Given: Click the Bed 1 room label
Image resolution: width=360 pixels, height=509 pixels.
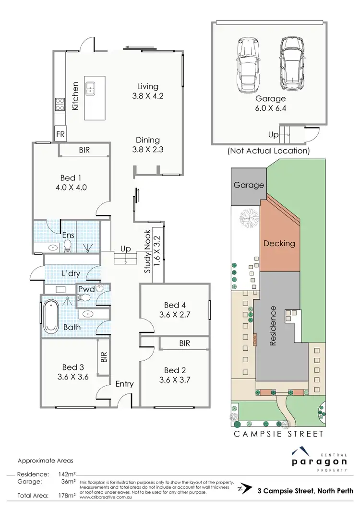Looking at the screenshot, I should (72, 178).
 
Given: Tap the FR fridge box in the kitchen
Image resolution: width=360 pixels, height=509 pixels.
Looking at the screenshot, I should (61, 133).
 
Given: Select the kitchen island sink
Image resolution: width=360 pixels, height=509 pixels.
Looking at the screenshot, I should (90, 88).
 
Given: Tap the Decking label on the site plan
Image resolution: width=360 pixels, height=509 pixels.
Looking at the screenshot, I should (279, 243).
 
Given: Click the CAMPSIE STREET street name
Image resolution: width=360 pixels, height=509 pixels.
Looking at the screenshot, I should (278, 434).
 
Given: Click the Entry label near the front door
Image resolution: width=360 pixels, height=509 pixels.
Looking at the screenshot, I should (124, 384).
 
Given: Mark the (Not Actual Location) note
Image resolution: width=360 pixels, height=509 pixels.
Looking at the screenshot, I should (268, 151).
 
